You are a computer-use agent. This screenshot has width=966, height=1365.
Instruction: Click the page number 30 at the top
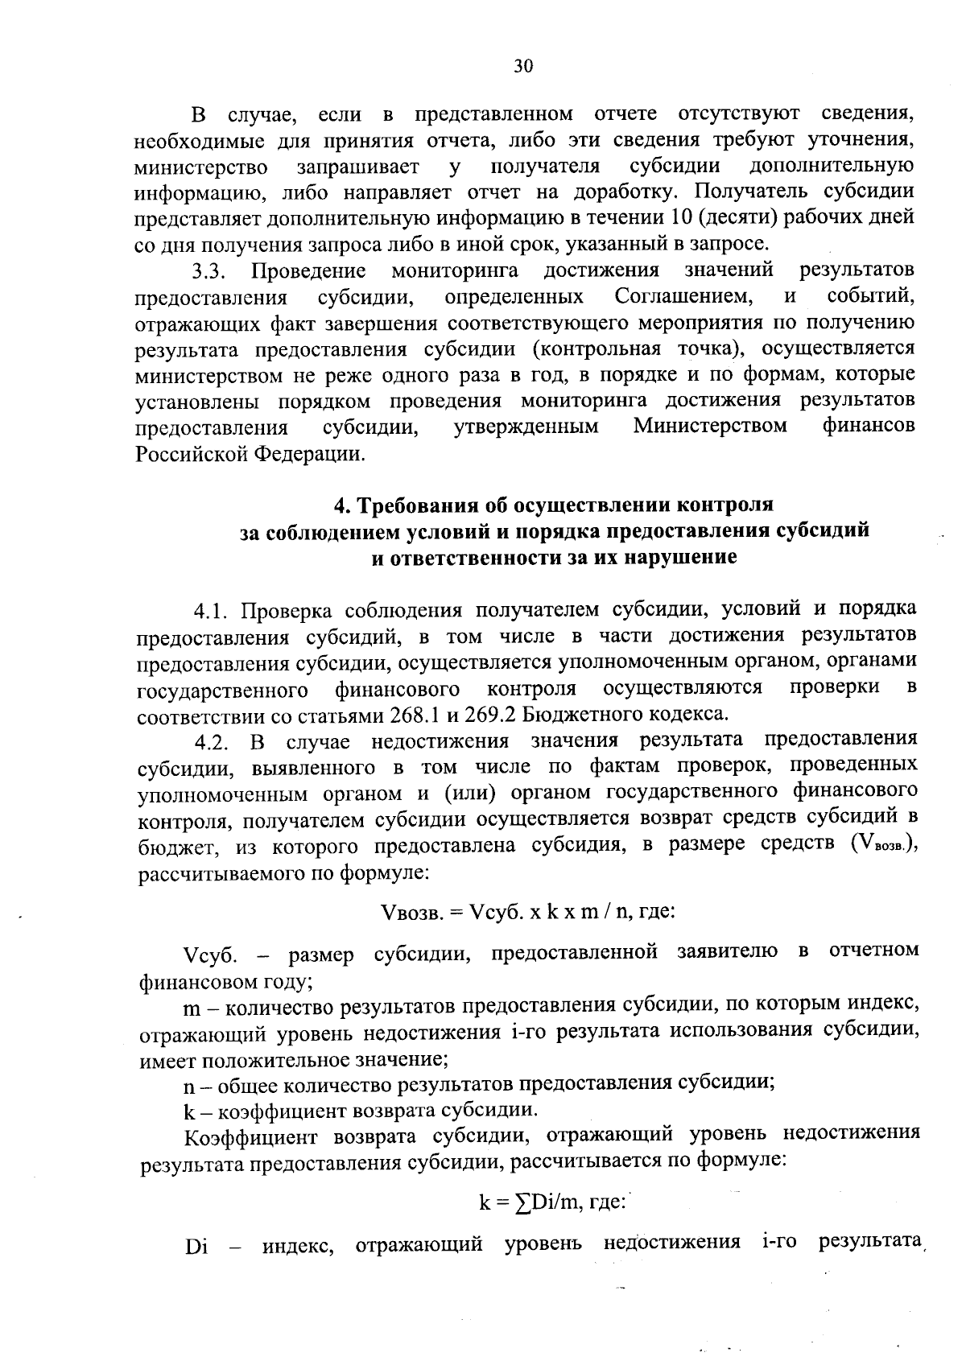(x=523, y=67)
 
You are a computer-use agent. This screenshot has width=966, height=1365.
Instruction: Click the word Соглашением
(x=683, y=297)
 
